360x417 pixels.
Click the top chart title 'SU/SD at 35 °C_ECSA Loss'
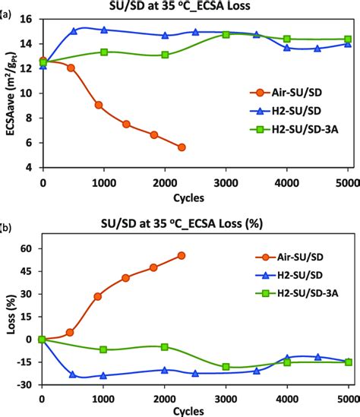tap(196, 8)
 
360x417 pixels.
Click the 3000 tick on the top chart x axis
tap(226, 182)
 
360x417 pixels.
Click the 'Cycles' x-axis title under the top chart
tap(195, 195)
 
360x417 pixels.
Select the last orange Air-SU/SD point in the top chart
tap(182, 147)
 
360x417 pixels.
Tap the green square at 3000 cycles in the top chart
tap(226, 34)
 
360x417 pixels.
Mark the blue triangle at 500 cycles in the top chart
tap(74, 31)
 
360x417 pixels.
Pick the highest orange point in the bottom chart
tap(182, 256)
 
